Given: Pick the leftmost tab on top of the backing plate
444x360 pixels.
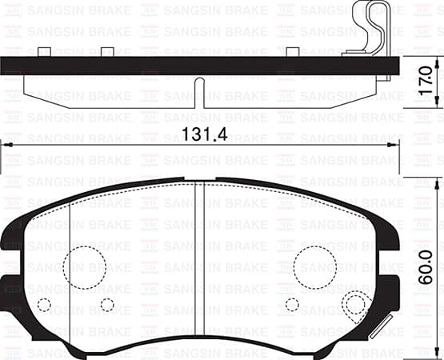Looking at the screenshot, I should point(44,53).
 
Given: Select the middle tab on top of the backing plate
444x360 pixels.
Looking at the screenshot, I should point(106,53).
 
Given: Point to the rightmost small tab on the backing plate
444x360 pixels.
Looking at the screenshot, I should point(293,53).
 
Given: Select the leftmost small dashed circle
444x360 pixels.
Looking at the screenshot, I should point(44,305).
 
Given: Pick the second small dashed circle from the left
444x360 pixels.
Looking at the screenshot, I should point(107,305).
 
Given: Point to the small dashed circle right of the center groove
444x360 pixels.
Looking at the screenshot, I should point(292,305).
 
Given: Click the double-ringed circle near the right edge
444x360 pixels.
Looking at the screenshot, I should point(355,305).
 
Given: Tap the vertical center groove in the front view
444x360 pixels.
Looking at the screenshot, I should point(200,264).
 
